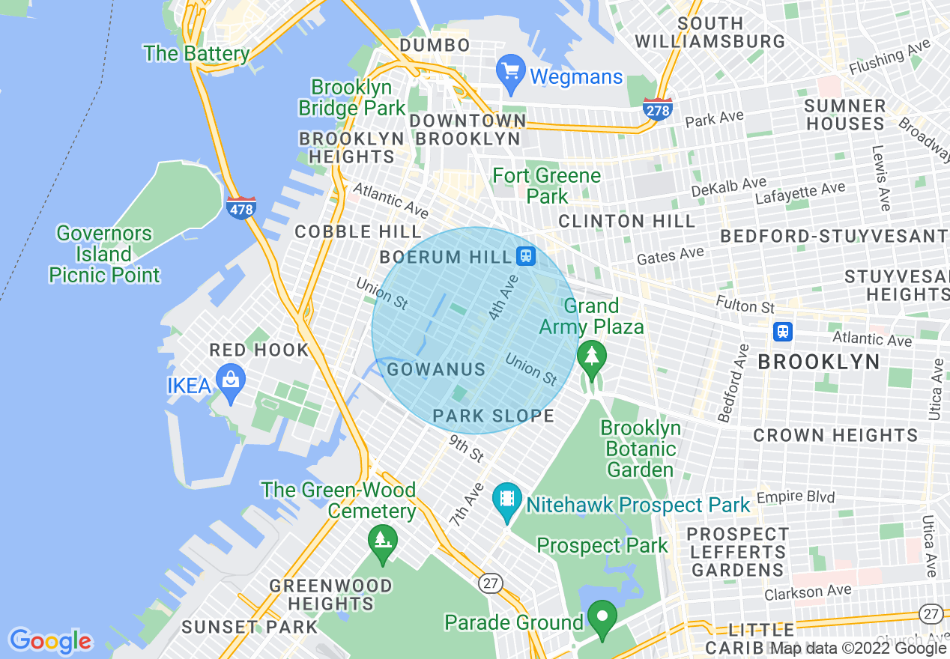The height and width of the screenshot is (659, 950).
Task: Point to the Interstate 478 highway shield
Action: coord(240,207)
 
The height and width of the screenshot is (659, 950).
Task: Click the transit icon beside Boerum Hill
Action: coord(526,256)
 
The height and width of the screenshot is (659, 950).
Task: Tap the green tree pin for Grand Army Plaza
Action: coord(592,358)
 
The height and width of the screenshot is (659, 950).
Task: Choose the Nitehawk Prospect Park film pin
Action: coord(507,501)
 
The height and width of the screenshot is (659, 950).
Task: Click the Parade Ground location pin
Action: coord(602,619)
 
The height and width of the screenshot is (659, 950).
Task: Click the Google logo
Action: coord(50,640)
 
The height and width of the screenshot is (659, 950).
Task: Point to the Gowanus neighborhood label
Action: coord(436,369)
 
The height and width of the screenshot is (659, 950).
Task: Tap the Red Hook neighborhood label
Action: coord(259,350)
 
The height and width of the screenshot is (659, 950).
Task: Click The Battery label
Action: coord(196,54)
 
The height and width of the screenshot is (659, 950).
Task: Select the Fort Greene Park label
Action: coord(547,186)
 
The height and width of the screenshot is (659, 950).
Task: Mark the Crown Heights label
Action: coord(835,435)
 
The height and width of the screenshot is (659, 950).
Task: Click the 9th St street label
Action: coord(467,449)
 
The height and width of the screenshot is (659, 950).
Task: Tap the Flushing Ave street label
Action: coord(889,58)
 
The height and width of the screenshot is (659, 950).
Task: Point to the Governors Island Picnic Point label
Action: coord(105,255)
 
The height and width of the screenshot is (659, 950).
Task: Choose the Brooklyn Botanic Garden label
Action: coord(641,449)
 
